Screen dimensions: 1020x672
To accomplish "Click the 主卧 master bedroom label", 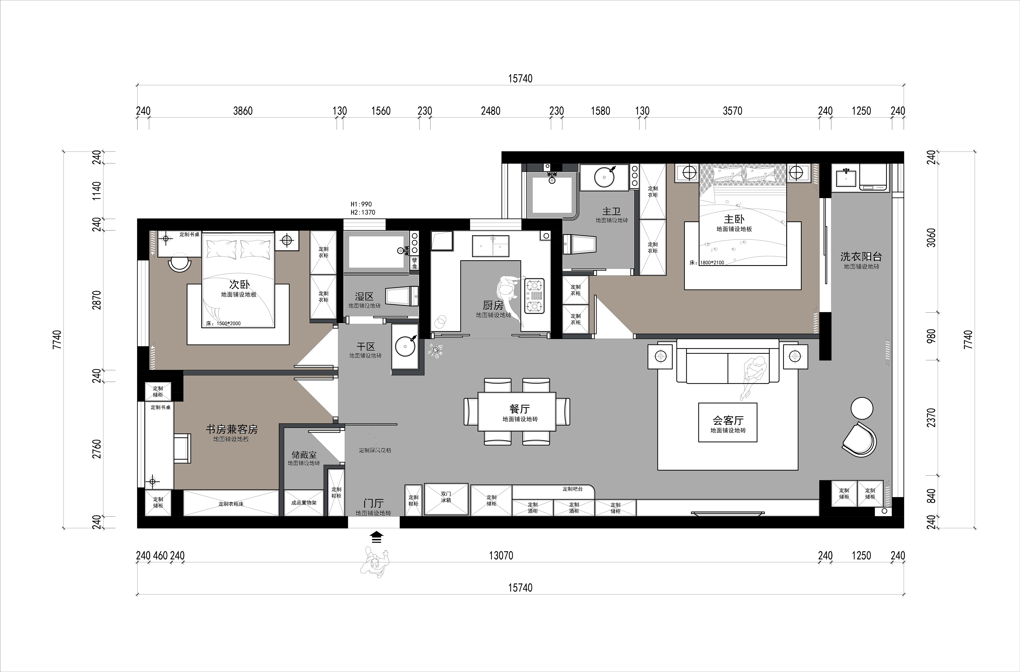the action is point(734,219).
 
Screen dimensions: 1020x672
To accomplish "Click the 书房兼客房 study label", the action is point(232,429).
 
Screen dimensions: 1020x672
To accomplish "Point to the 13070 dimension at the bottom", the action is point(501,555).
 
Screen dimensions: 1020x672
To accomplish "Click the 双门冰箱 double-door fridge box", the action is point(446,499).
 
